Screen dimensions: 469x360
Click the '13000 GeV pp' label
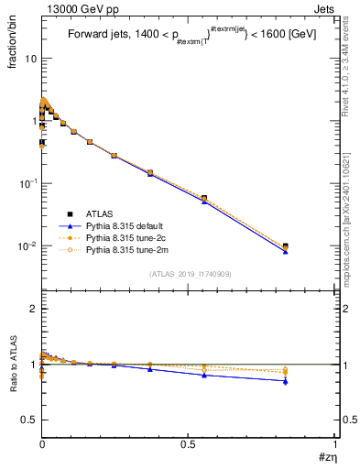pyautogui.click(x=77, y=8)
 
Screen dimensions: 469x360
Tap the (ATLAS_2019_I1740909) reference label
pyautogui.click(x=189, y=274)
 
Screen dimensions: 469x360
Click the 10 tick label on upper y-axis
pyautogui.click(x=30, y=58)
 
